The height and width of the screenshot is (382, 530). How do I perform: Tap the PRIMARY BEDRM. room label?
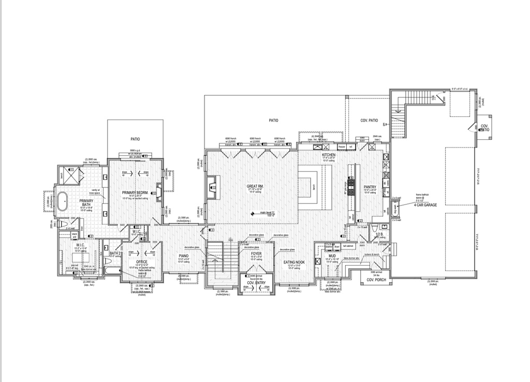coord(136,193)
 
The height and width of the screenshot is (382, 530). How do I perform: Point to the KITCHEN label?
coord(329,155)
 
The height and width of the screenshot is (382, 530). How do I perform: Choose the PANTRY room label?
coord(370,187)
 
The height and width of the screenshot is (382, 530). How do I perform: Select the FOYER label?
coord(256,254)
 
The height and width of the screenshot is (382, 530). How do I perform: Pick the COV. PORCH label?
coord(377,280)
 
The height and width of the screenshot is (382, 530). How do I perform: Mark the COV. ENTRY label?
coord(256,283)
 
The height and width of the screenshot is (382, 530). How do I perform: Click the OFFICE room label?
coord(142,262)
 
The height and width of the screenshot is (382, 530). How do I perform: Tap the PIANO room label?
coord(184,256)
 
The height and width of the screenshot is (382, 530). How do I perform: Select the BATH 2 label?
coord(115,253)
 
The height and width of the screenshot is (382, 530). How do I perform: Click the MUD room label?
coord(332,256)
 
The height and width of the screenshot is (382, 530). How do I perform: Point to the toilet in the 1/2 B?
coord(383,226)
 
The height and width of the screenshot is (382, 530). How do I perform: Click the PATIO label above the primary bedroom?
coord(135,139)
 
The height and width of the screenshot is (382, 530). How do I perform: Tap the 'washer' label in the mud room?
coord(328,246)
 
